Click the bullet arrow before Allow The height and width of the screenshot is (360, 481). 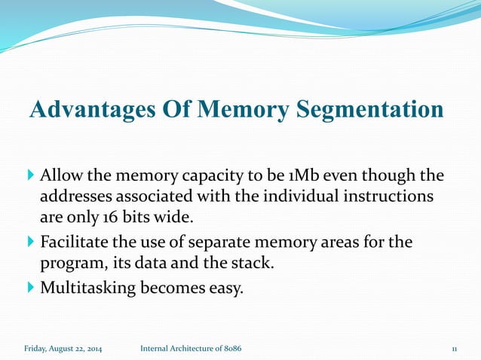click(x=30, y=176)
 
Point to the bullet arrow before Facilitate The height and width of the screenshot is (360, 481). click(x=30, y=243)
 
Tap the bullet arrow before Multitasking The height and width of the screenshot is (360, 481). click(x=30, y=287)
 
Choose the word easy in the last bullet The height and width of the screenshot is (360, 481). click(x=228, y=288)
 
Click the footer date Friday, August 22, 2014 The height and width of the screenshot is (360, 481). click(x=63, y=349)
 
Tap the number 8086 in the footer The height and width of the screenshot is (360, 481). click(x=231, y=349)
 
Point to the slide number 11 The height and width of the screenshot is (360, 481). click(x=455, y=349)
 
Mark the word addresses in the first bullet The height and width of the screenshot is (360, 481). click(x=75, y=198)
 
